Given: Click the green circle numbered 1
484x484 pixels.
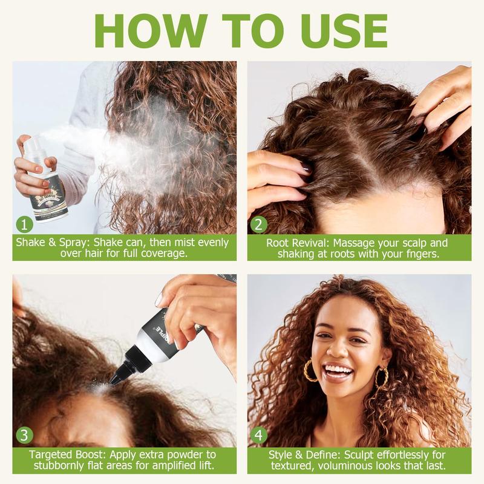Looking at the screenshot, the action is tap(24, 224).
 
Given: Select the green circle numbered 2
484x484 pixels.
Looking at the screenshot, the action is tap(259, 224).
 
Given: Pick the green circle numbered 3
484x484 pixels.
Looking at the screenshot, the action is tap(24, 435).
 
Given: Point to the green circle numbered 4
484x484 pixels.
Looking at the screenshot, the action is tap(259, 435).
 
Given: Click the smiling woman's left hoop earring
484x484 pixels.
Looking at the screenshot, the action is tap(310, 370).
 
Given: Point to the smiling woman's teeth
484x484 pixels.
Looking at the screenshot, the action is tap(339, 370).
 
